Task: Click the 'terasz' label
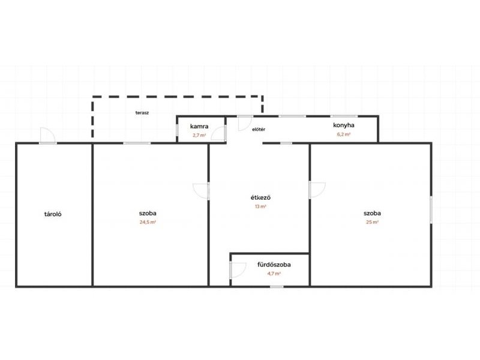click(x=142, y=113)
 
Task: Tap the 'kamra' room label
click(x=199, y=127)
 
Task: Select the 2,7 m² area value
click(x=199, y=135)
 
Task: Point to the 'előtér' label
click(x=259, y=129)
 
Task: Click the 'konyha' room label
click(x=344, y=125)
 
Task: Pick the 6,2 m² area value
click(x=344, y=134)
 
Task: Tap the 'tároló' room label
click(x=53, y=214)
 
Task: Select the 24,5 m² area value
click(x=148, y=222)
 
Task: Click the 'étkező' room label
click(x=260, y=197)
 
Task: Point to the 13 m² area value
click(x=260, y=206)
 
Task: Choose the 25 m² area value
click(x=372, y=222)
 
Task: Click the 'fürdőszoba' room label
click(x=274, y=265)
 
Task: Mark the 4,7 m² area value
click(x=274, y=274)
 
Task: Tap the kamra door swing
click(x=218, y=133)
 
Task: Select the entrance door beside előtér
click(x=245, y=124)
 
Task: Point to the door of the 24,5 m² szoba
click(x=201, y=191)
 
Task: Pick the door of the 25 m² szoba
click(x=317, y=190)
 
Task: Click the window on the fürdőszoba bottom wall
click(x=277, y=287)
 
